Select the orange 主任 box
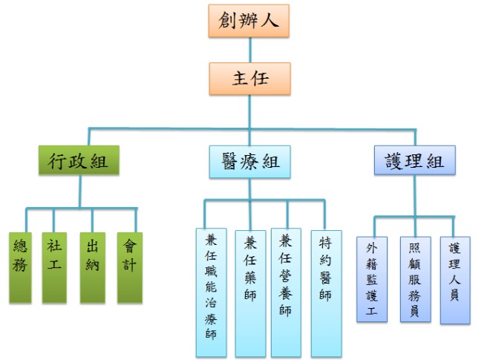(x=249, y=78)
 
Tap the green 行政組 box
(x=79, y=161)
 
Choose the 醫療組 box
(x=249, y=161)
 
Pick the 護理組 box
(x=414, y=161)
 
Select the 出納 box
(x=93, y=267)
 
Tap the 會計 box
(x=129, y=267)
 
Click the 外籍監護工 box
(x=372, y=279)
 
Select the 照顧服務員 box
(x=415, y=279)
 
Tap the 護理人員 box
(x=455, y=279)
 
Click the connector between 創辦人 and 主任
(x=249, y=50)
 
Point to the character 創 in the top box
(x=228, y=21)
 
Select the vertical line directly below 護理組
(x=414, y=197)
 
